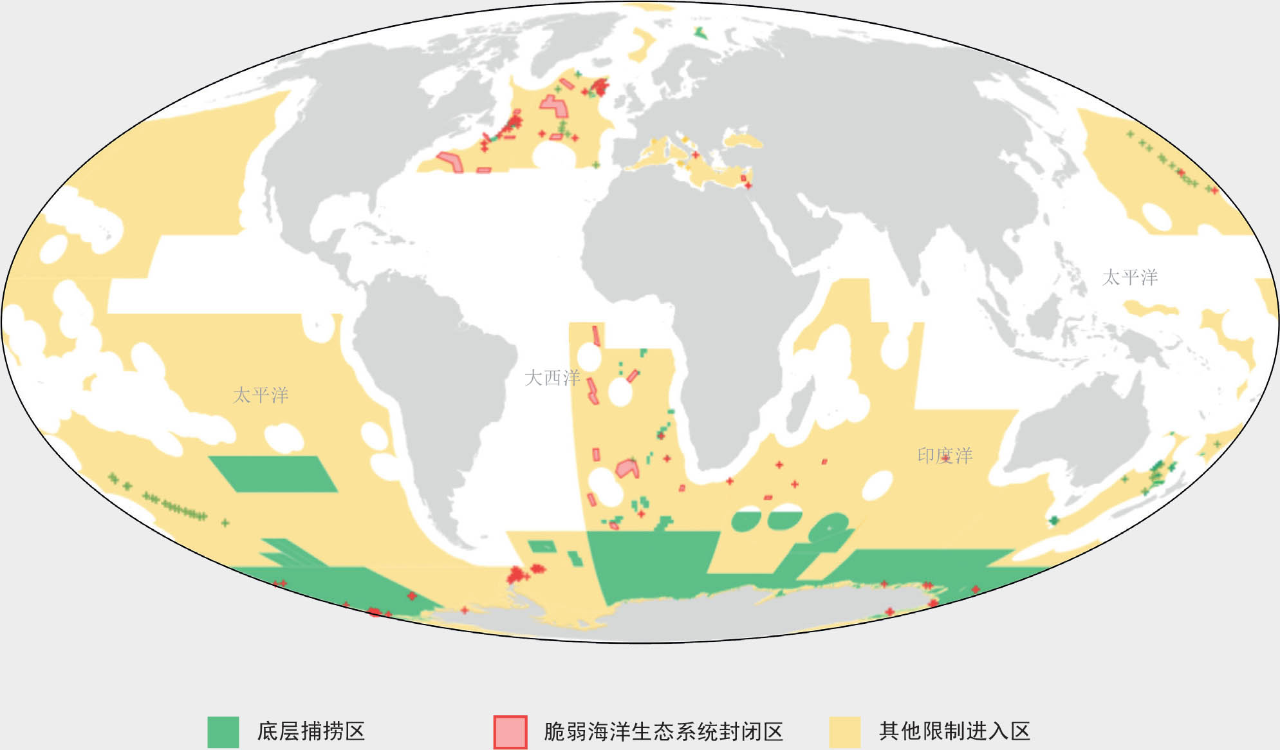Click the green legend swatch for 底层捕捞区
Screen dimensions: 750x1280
point(223,732)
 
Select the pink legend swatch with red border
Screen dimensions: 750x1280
point(510,732)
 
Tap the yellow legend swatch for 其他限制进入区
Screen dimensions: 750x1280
point(844,732)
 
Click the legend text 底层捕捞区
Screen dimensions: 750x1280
point(311,731)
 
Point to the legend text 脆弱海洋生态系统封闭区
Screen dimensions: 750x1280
point(663,732)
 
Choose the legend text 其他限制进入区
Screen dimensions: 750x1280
point(954,731)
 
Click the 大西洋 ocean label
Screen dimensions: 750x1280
point(552,378)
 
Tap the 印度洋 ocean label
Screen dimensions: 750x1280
point(944,456)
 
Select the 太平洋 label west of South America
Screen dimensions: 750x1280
point(261,395)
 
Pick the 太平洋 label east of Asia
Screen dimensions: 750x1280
point(1129,277)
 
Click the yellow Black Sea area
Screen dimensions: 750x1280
point(744,140)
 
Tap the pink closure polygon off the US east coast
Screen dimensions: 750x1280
point(450,160)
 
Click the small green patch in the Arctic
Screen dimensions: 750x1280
point(701,33)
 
